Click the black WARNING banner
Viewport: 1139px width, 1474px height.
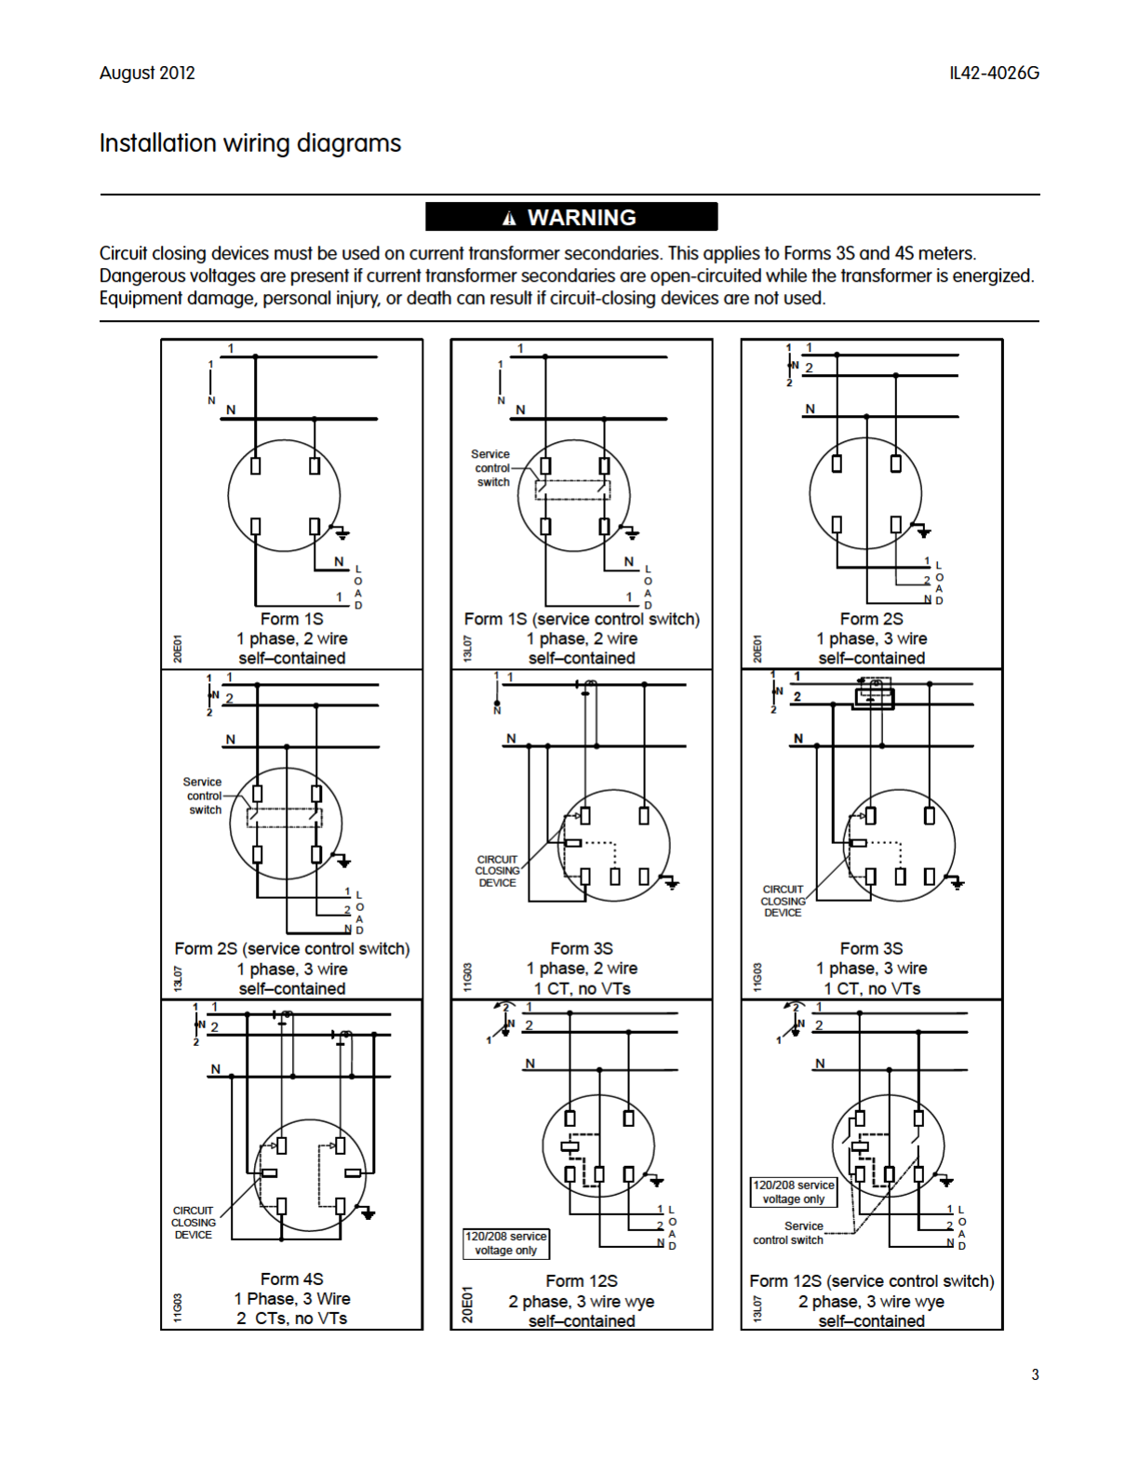point(571,217)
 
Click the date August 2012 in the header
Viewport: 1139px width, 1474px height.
point(147,73)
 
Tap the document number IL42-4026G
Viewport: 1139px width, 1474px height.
point(994,73)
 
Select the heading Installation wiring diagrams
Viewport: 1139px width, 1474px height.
point(250,143)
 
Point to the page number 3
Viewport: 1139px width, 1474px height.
point(1035,1374)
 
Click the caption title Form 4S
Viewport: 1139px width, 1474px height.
point(291,1280)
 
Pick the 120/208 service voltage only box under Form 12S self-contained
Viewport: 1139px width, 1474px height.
point(506,1243)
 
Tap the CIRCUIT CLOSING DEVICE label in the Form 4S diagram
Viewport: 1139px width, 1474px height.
point(194,1223)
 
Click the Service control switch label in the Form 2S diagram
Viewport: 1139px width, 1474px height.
point(204,796)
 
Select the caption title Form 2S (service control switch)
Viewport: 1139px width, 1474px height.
point(291,949)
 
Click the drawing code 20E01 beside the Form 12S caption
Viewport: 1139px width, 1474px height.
point(467,1304)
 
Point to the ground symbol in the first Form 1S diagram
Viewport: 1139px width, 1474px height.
point(342,533)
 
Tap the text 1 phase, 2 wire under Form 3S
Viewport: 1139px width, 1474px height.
point(582,969)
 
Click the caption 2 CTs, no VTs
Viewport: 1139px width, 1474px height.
point(291,1319)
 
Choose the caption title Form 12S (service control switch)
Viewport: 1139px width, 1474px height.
point(872,1281)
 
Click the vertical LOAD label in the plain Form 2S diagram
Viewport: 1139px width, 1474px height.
point(939,583)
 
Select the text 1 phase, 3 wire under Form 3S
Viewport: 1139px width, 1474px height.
point(872,969)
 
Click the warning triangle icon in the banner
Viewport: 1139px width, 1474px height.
point(509,219)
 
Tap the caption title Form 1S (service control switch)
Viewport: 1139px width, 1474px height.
point(582,619)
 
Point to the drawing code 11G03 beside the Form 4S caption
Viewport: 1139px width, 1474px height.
point(177,1306)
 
